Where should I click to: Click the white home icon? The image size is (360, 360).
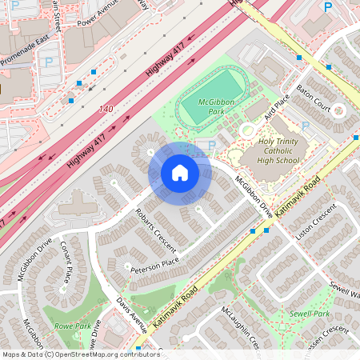pos(180,173)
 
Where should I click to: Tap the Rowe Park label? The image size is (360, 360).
pos(73,326)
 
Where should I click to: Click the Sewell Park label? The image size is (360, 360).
pos(310,313)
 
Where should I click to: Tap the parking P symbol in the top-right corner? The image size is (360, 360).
pos(327,7)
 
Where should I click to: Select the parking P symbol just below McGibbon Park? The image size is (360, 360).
pos(210,146)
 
